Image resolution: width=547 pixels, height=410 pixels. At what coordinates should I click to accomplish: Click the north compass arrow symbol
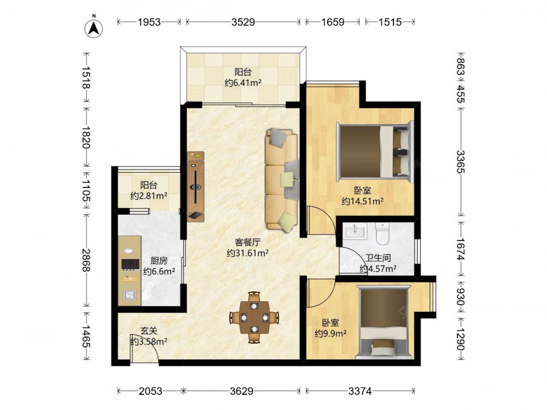click(x=94, y=28)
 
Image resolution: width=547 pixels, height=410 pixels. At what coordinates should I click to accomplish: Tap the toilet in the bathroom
click(x=382, y=233)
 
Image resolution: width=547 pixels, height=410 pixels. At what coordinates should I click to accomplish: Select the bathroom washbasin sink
click(x=355, y=231)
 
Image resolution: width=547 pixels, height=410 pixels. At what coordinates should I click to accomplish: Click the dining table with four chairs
click(x=254, y=317)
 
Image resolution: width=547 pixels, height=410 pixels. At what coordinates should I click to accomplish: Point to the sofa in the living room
click(x=282, y=179)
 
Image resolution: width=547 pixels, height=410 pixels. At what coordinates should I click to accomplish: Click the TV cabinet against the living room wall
click(x=195, y=186)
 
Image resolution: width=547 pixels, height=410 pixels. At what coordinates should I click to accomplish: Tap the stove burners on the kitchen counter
click(x=130, y=265)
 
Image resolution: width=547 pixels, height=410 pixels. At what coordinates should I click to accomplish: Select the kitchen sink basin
click(x=130, y=295)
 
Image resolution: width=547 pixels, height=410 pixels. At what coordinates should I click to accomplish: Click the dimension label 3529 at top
click(x=243, y=22)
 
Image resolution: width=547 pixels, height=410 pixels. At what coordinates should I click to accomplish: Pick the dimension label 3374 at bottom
click(x=360, y=391)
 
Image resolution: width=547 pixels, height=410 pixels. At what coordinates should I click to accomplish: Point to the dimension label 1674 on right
click(x=461, y=249)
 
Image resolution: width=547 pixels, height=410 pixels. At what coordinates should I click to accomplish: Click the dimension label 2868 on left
click(x=86, y=260)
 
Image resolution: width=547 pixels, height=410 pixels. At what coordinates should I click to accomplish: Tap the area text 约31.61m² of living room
click(x=247, y=253)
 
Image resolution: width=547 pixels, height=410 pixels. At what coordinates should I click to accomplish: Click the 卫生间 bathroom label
click(x=378, y=258)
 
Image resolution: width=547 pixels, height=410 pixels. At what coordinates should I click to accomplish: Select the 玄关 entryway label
click(x=149, y=331)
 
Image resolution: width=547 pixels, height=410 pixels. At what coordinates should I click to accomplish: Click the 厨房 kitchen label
click(x=159, y=261)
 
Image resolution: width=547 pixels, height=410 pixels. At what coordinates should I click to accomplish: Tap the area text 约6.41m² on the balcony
click(x=243, y=83)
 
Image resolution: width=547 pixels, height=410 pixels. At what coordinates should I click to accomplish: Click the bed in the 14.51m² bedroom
click(x=375, y=151)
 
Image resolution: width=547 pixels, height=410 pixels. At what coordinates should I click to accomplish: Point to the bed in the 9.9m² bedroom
click(x=383, y=322)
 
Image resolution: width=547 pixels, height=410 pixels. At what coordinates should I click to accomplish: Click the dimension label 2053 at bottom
click(x=150, y=391)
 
